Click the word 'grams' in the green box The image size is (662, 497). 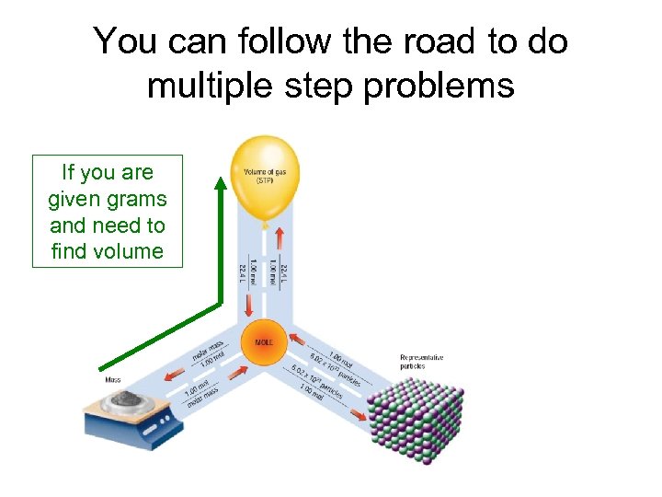tap(136, 199)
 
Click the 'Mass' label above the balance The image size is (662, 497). tap(112, 379)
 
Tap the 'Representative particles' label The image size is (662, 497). tap(421, 361)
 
